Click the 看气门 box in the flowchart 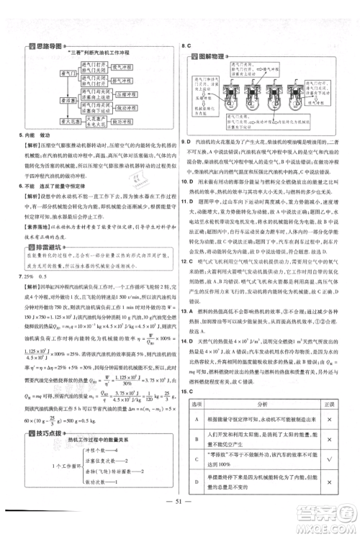(x=69, y=73)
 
